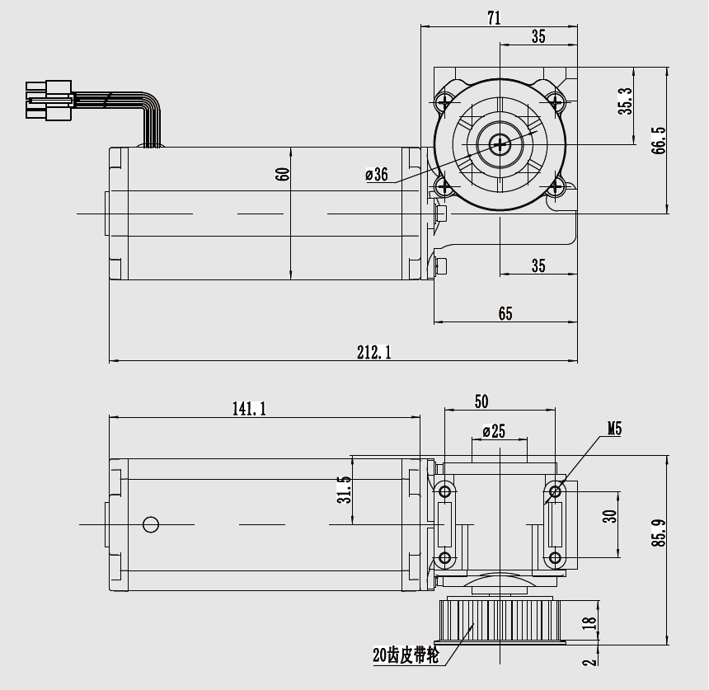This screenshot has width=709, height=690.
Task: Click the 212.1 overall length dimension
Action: tap(373, 352)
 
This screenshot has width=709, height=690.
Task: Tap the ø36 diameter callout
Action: tap(376, 174)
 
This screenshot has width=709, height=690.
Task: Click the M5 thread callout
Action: tap(614, 429)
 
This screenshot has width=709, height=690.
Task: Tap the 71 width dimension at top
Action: tap(494, 17)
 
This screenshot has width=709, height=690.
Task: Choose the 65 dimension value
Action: tap(505, 313)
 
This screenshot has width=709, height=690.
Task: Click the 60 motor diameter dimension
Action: tap(283, 175)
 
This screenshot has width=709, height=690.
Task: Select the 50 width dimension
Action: tap(481, 401)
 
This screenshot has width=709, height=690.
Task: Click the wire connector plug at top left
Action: tap(48, 100)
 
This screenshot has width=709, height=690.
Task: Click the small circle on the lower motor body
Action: tap(150, 524)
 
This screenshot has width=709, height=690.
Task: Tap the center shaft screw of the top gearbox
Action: tap(500, 145)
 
